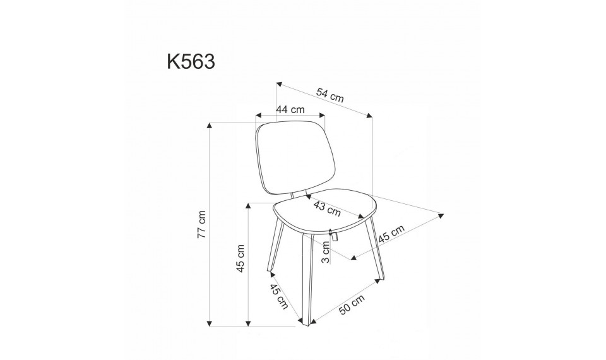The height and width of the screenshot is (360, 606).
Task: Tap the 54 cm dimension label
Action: click(330, 95)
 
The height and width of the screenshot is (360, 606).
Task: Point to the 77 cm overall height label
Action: click(201, 225)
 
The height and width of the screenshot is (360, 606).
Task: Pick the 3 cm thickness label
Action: click(326, 252)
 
